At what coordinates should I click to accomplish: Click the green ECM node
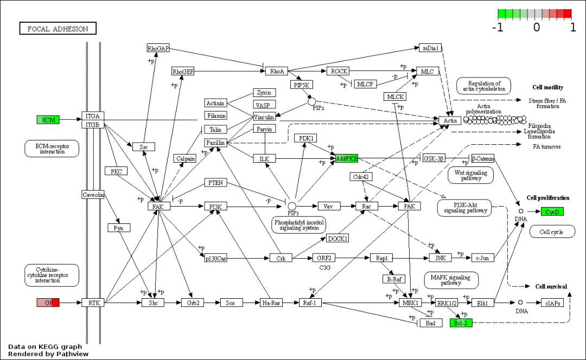coord(48,120)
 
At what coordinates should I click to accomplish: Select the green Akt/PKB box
coord(347,158)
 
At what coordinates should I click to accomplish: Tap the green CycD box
coord(552,211)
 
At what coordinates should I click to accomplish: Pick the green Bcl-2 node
coord(461,323)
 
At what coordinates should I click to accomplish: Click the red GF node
coord(48,303)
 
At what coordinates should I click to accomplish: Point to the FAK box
coord(158,207)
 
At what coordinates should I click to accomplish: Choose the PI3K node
coord(215,207)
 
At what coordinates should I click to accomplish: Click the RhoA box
coord(277,71)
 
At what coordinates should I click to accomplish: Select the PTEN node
coord(215,183)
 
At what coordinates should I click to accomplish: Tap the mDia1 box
coord(430,48)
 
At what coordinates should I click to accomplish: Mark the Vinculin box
coord(265,117)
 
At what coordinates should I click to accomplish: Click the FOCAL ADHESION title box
coord(58,29)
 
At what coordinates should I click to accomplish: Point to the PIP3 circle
coord(292,206)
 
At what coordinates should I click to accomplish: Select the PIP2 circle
coord(311,101)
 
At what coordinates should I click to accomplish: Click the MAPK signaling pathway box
coord(451,280)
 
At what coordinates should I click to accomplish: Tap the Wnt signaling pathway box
coord(470,175)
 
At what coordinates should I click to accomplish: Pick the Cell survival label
coord(551,286)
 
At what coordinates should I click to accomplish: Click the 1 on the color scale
coord(573,27)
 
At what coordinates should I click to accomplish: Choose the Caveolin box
coord(93,195)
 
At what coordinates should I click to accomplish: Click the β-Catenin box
coord(483,158)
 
